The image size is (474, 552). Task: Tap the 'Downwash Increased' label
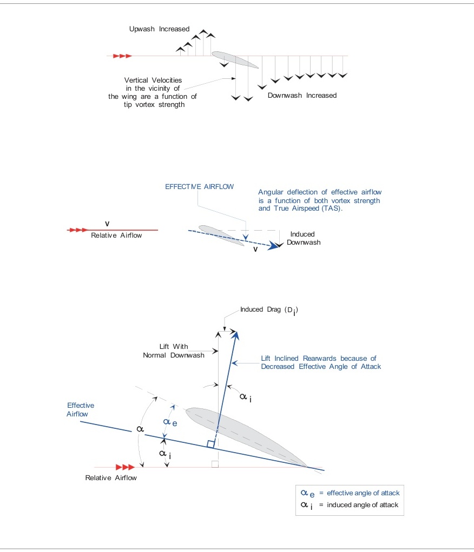(x=302, y=96)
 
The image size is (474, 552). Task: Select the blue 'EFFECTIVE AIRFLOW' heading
(x=200, y=187)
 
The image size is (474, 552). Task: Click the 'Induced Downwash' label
(x=303, y=238)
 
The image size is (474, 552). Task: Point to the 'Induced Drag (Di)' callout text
(x=269, y=310)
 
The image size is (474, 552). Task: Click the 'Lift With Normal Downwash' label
(x=174, y=351)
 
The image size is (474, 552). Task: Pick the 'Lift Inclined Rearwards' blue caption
(x=321, y=362)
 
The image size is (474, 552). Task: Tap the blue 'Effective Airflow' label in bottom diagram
(x=81, y=409)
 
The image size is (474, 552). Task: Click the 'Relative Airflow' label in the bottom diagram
(x=111, y=478)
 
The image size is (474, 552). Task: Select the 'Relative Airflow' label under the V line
(x=116, y=235)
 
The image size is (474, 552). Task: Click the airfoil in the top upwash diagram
(x=235, y=59)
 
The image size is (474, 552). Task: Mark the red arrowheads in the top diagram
(x=122, y=56)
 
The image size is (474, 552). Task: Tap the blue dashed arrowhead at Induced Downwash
(x=278, y=246)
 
